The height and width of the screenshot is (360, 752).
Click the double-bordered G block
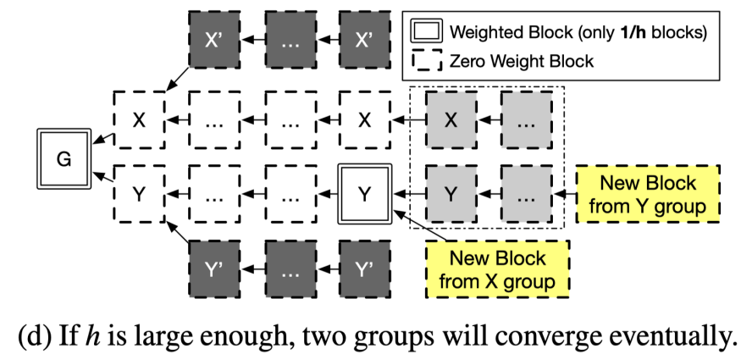pos(64,158)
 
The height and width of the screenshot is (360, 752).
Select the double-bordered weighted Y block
pos(364,194)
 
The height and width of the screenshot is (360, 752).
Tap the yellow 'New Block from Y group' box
pos(648,194)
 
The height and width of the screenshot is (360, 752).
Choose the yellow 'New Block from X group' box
pos(498,269)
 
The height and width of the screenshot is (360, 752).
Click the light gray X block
pos(451,120)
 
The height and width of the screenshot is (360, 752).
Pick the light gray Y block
pos(451,194)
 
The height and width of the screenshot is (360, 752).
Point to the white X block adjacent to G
pos(139,120)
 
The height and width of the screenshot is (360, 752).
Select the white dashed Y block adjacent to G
pos(139,194)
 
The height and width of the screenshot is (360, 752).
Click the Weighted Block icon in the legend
pos(426,32)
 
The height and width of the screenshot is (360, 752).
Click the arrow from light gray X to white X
pos(408,120)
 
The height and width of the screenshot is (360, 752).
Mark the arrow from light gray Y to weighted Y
pos(408,194)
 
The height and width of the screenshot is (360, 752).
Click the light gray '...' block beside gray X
pos(527,120)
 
